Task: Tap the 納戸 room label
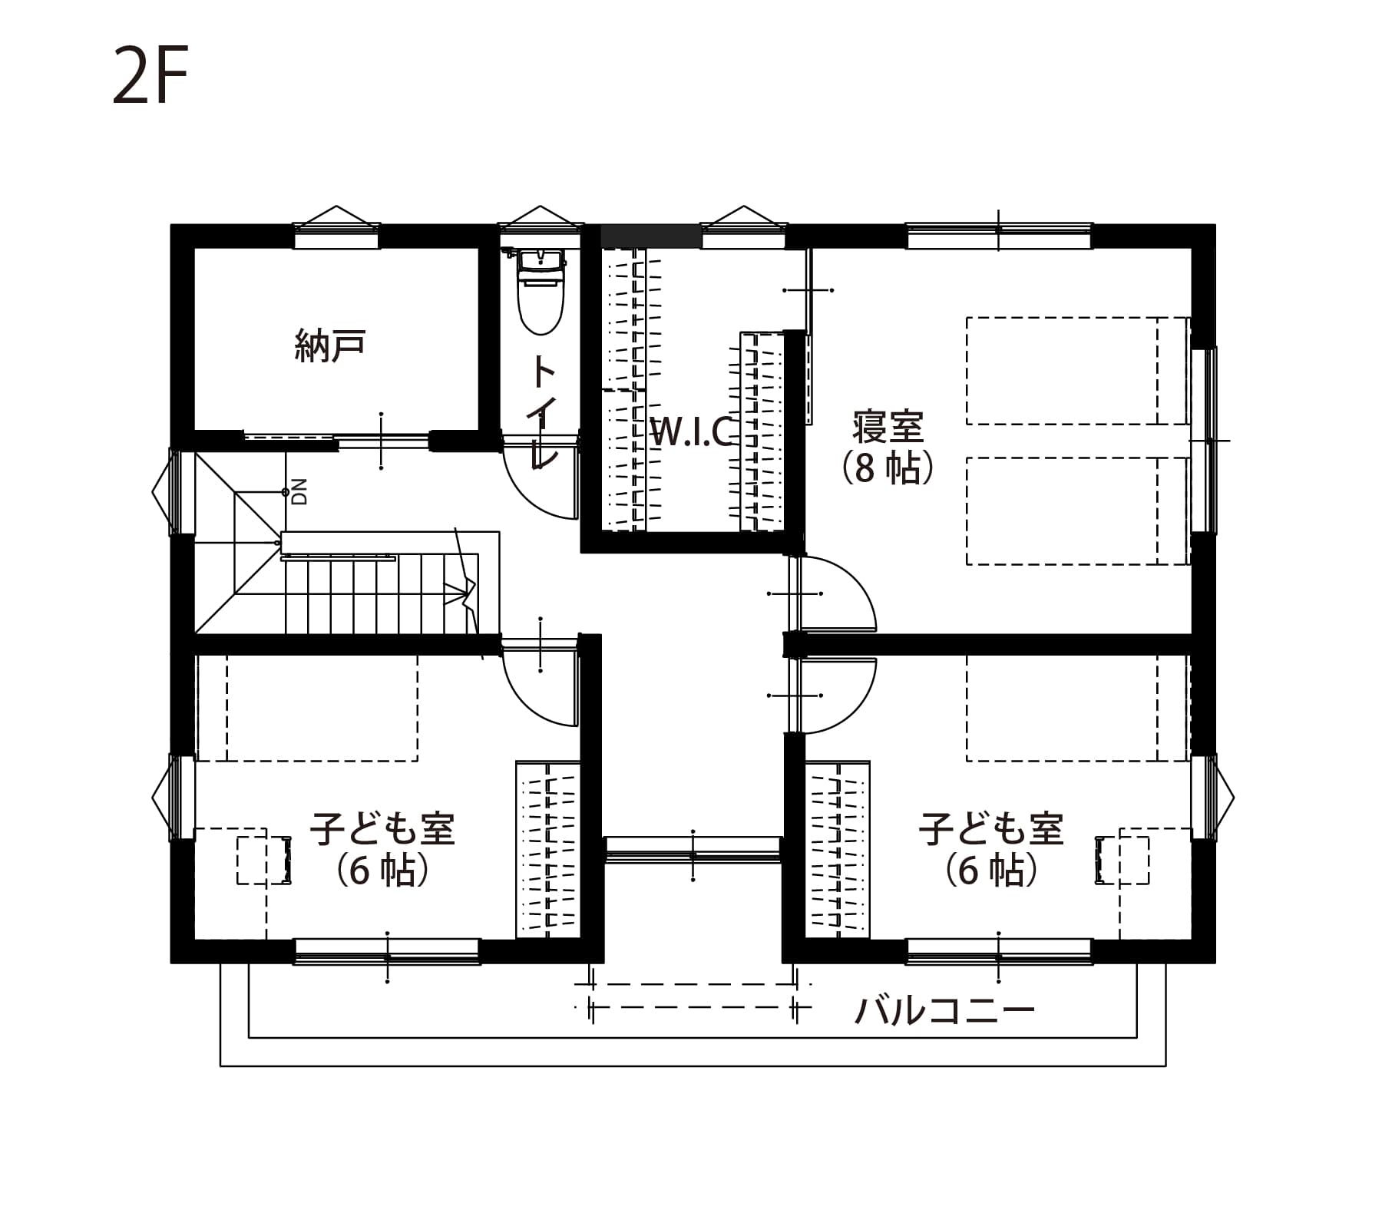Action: click(330, 345)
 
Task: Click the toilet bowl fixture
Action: click(541, 292)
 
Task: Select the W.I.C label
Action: click(693, 432)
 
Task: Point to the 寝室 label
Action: click(888, 427)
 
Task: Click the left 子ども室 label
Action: click(383, 828)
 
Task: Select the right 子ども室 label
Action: click(991, 828)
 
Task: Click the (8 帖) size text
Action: click(888, 467)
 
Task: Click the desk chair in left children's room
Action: click(264, 861)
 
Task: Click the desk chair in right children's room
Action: click(1122, 861)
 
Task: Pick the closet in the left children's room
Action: click(547, 850)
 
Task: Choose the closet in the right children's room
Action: click(838, 850)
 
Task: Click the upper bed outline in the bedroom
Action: click(1077, 371)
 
